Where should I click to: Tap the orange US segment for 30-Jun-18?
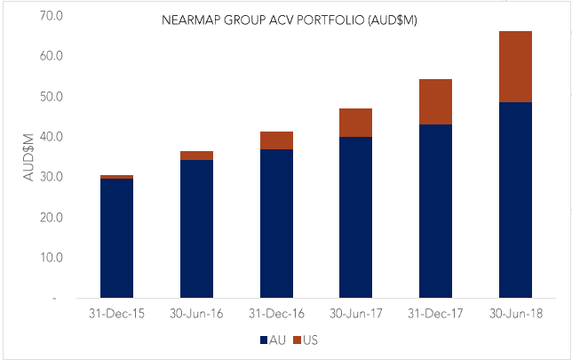coord(515,67)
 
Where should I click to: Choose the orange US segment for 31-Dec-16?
coord(276,140)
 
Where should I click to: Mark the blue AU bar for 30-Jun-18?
coord(515,200)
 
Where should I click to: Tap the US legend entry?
coord(305,340)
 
